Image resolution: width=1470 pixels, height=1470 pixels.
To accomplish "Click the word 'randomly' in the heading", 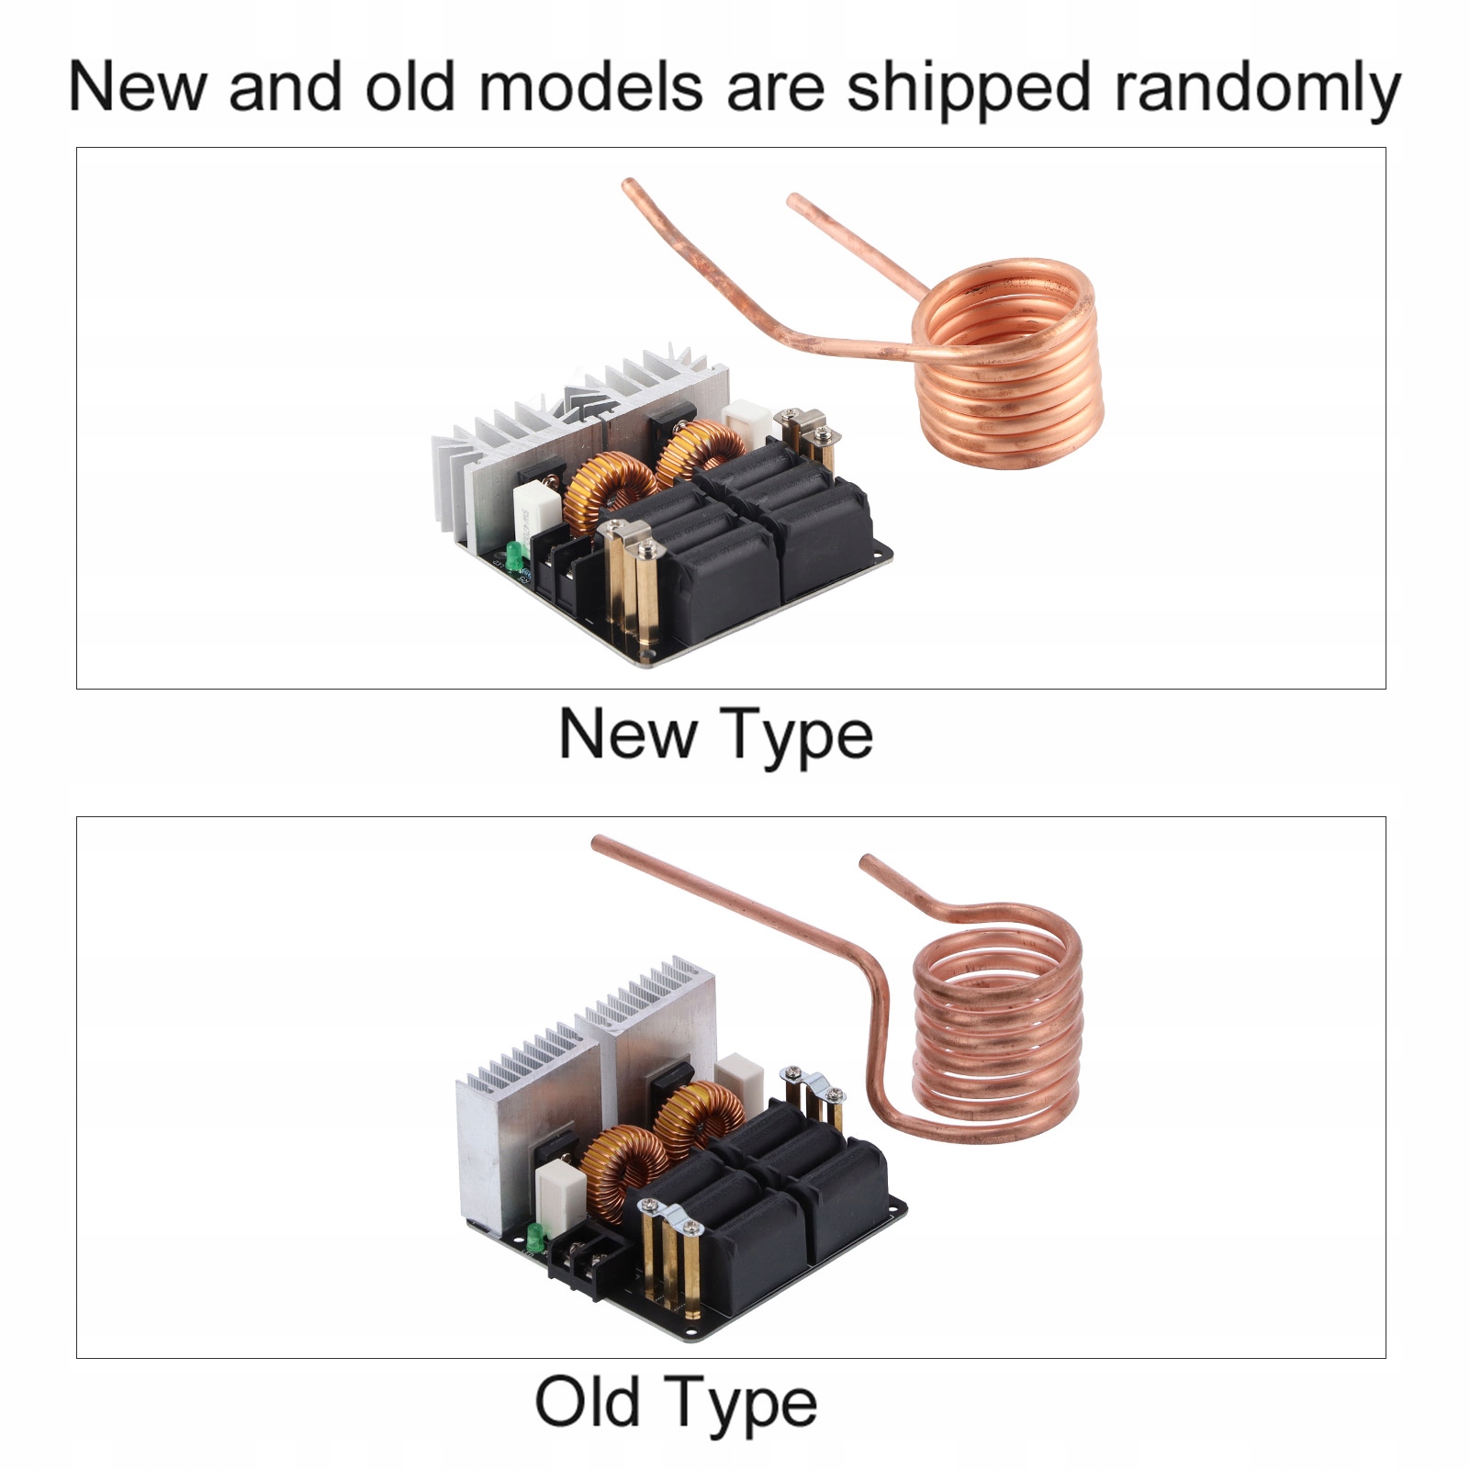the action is tap(1257, 89).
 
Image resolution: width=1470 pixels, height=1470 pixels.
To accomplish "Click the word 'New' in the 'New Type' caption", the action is tap(627, 735).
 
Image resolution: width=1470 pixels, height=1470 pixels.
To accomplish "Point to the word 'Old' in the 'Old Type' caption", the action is tap(588, 1402).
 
